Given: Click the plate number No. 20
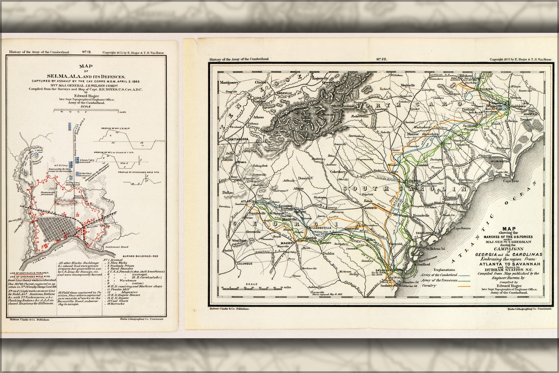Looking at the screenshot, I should (382, 59).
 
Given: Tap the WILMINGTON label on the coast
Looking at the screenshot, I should (499, 162).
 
